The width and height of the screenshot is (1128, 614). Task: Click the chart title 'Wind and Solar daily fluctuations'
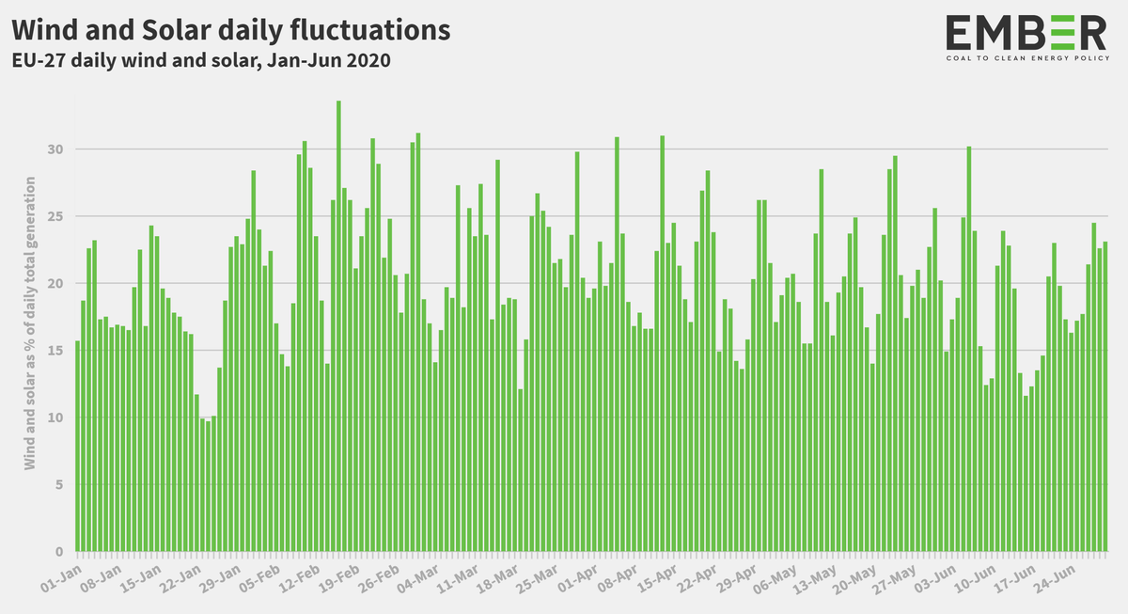click(230, 30)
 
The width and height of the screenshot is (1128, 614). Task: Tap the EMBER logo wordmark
click(1026, 33)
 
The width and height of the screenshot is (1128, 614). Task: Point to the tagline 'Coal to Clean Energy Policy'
click(1026, 58)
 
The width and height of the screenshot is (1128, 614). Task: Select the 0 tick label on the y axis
click(59, 552)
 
